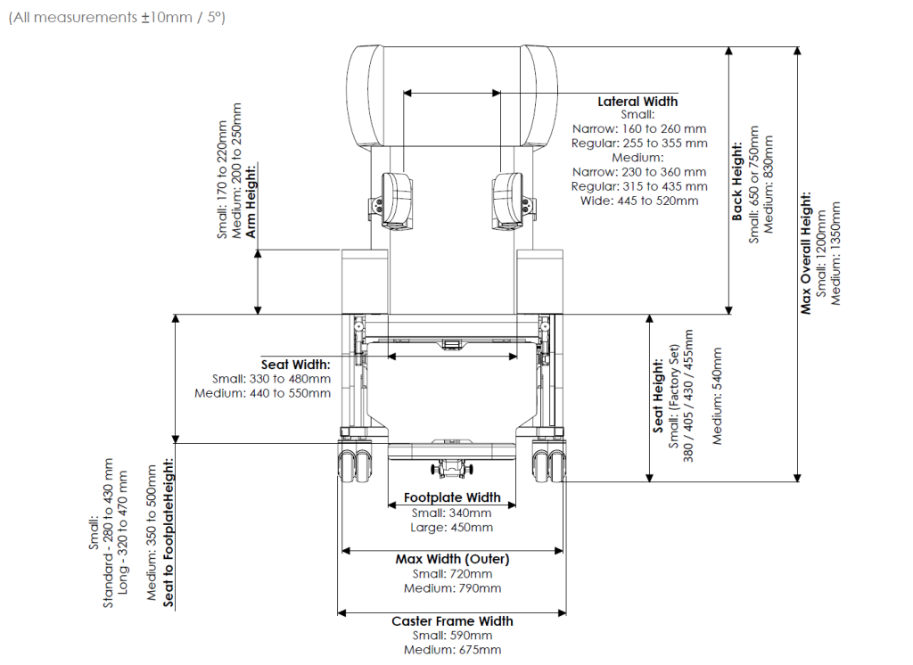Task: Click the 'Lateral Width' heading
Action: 637,102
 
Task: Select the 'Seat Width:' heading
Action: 295,365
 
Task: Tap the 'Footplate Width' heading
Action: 452,497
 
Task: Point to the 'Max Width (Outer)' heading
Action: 452,559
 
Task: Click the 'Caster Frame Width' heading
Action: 452,620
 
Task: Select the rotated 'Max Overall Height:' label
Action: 806,252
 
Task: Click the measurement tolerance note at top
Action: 117,17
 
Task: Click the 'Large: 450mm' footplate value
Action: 451,528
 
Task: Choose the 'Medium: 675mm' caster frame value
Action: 452,650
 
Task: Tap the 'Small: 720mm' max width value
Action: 452,573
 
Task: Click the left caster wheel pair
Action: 356,463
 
